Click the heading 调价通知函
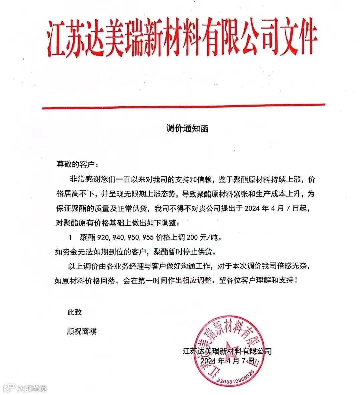pyautogui.click(x=187, y=128)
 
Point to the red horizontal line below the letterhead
pyautogui.click(x=183, y=107)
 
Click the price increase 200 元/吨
pyautogui.click(x=204, y=238)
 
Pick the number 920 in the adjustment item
pyautogui.click(x=103, y=238)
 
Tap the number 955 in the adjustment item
pyautogui.click(x=148, y=238)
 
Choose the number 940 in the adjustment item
pyautogui.click(x=118, y=238)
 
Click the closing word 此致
pyautogui.click(x=74, y=312)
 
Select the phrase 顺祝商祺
pyautogui.click(x=82, y=332)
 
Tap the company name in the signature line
pyautogui.click(x=227, y=351)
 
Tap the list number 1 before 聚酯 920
pyautogui.click(x=70, y=238)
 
